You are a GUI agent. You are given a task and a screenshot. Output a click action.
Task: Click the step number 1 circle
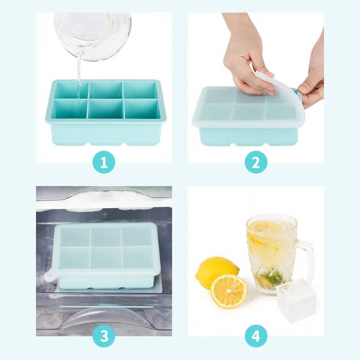[x=104, y=162]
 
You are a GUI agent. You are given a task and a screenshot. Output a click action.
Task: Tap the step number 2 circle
[x=256, y=162]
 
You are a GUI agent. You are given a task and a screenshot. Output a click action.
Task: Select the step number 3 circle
[x=104, y=336]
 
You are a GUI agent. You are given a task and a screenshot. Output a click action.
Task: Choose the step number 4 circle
[x=256, y=336]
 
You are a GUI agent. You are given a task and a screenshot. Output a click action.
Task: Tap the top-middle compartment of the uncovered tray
[x=106, y=90]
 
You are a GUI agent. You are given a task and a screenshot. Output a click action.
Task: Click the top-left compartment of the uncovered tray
[x=71, y=90]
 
